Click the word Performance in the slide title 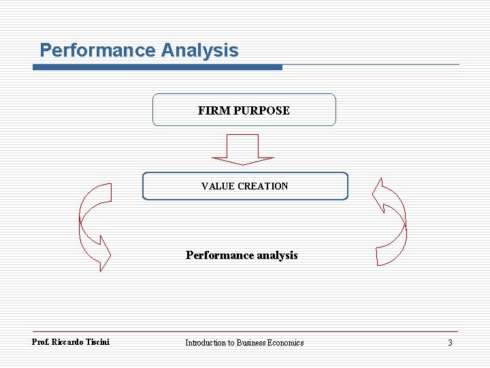point(97,50)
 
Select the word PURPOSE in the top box point(261,110)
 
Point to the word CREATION point(263,186)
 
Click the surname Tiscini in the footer point(98,342)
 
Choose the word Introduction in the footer point(205,343)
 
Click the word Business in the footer point(250,343)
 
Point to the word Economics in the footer point(285,343)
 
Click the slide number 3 point(450,343)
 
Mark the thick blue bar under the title point(157,67)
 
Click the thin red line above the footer point(245,332)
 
